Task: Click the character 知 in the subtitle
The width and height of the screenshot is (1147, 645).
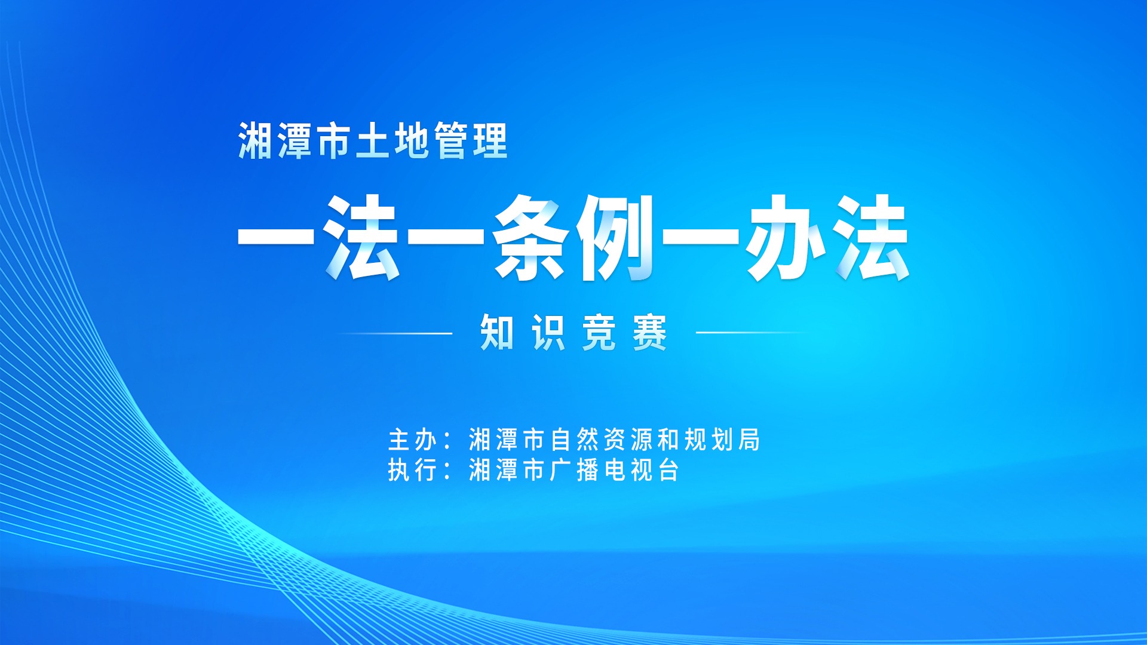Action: click(x=497, y=333)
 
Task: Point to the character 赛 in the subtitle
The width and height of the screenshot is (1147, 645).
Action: click(x=650, y=333)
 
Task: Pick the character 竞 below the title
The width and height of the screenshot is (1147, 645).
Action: click(x=599, y=333)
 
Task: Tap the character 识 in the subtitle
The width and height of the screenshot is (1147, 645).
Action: click(x=548, y=333)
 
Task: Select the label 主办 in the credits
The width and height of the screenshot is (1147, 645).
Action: click(x=413, y=440)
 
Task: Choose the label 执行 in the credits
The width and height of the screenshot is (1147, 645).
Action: click(x=413, y=470)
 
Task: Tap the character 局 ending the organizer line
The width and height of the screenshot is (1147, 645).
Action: click(x=749, y=440)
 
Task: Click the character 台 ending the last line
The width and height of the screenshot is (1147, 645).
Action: click(x=668, y=470)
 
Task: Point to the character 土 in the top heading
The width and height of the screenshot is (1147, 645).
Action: click(x=373, y=141)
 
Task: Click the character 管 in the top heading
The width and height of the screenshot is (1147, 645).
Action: click(x=451, y=141)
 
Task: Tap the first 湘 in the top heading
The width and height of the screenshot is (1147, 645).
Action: click(x=256, y=141)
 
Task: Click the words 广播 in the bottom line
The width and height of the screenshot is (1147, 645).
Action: click(x=574, y=470)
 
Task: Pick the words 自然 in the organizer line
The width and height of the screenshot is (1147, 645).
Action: click(x=575, y=440)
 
